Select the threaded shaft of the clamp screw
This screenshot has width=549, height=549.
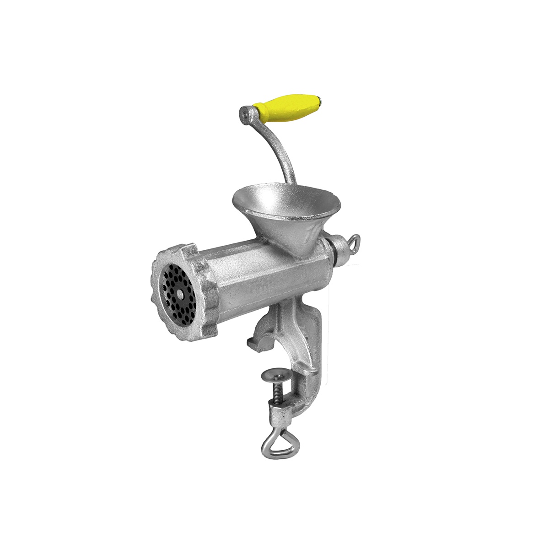point(277,393)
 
